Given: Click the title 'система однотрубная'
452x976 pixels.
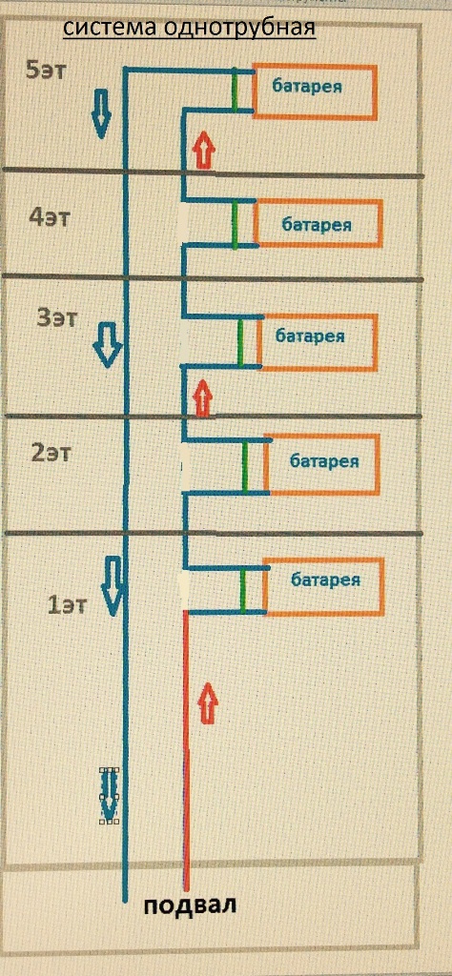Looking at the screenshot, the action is click(190, 29).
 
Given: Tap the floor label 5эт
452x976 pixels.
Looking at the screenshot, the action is click(46, 70).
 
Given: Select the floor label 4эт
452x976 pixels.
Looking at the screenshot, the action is click(51, 218).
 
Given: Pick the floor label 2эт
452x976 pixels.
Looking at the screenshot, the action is click(51, 453).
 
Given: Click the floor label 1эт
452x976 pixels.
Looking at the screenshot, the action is click(68, 604).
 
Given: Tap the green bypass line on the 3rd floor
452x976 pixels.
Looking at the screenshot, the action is click(240, 342).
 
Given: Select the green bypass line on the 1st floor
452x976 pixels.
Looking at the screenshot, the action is click(243, 590).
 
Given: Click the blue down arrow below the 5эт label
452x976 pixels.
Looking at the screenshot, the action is click(99, 113).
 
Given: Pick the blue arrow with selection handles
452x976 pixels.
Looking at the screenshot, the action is click(110, 795).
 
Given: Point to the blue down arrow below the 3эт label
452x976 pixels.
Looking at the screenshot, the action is click(108, 344).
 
